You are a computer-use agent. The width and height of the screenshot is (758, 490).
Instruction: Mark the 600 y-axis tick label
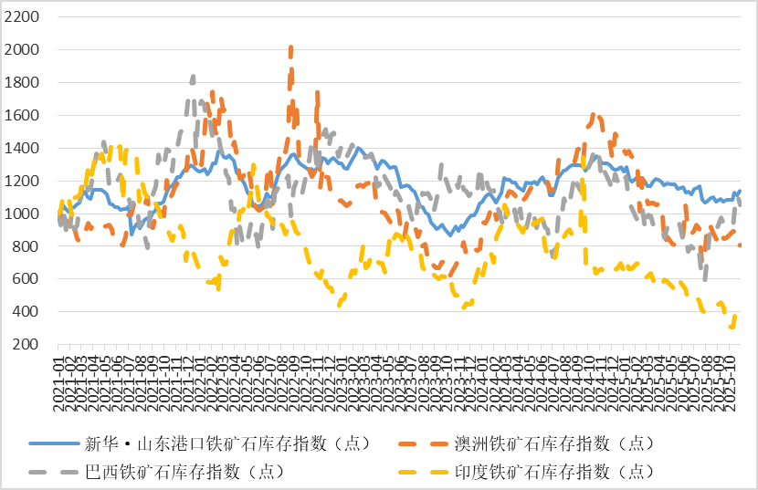pyautogui.click(x=25, y=279)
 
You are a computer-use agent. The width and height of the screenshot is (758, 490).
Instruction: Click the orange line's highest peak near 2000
pyautogui.click(x=290, y=47)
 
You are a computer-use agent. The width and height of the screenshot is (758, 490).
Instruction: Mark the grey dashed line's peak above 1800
pyautogui.click(x=193, y=78)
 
